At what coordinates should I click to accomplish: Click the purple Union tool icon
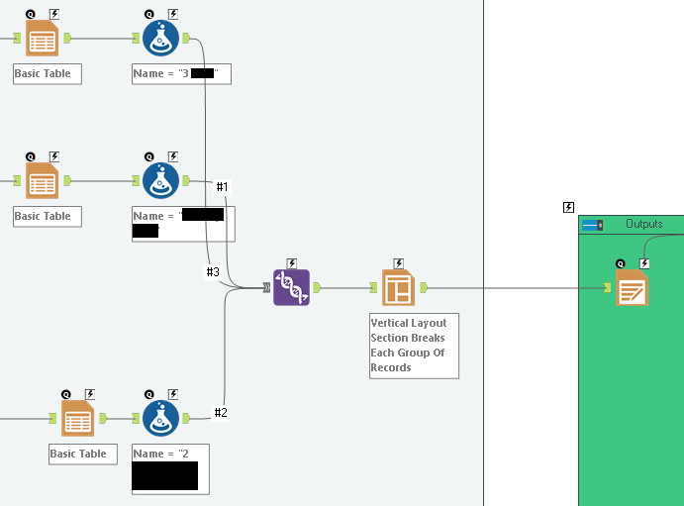point(291,287)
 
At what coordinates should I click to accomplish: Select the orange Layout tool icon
point(398,287)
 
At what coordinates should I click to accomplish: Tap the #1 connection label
point(222,187)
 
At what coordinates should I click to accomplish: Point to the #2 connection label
point(221,413)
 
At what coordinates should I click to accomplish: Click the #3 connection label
point(213,272)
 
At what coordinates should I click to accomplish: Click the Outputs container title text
point(643,225)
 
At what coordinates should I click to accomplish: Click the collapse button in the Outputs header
point(592,225)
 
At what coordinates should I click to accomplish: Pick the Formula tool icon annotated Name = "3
point(160,39)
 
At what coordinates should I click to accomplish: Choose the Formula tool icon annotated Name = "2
point(160,419)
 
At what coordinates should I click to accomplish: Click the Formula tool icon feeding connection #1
point(160,181)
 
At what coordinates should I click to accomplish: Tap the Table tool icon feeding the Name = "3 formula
point(42,39)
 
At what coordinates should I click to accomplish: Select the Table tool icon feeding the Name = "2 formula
point(77,419)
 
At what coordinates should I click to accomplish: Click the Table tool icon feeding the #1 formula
point(42,181)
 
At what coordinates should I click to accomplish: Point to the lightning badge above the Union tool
point(292,263)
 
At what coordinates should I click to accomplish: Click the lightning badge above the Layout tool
point(399,263)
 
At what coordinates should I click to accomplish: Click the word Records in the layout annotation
point(391,367)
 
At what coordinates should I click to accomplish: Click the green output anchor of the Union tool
point(317,288)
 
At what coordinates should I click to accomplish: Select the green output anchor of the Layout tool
point(424,288)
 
